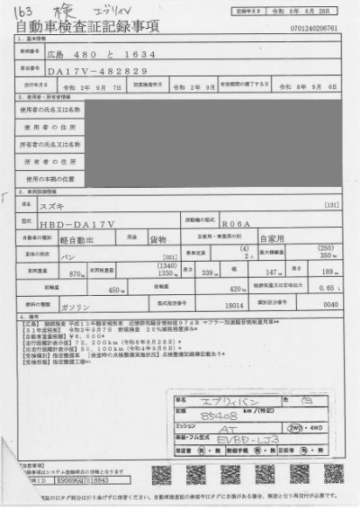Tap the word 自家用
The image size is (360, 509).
(271, 239)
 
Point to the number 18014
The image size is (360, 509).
(235, 305)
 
